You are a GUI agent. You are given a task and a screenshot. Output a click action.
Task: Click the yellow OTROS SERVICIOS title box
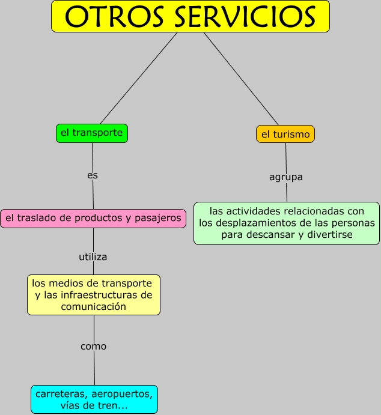(190, 16)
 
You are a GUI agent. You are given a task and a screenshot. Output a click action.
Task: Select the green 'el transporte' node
(91, 133)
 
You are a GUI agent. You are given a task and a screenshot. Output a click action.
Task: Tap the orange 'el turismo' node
(285, 135)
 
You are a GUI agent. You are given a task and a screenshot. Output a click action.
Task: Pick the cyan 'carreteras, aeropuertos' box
(94, 399)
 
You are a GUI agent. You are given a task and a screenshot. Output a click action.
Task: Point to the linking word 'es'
(92, 175)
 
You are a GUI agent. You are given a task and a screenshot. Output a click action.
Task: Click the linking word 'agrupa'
(285, 177)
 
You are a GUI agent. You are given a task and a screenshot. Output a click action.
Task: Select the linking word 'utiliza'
(93, 256)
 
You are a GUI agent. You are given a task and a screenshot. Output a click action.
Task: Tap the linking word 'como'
(93, 347)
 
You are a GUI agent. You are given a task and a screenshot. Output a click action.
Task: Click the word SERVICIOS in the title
(245, 17)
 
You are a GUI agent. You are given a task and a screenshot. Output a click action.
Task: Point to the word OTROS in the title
(114, 17)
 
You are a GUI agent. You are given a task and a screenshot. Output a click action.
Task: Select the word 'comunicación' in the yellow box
(93, 306)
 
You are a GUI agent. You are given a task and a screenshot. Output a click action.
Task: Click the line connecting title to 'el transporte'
(138, 78)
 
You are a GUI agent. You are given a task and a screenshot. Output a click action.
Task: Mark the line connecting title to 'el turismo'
(240, 78)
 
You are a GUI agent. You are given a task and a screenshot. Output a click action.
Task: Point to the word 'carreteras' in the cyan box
(59, 394)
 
